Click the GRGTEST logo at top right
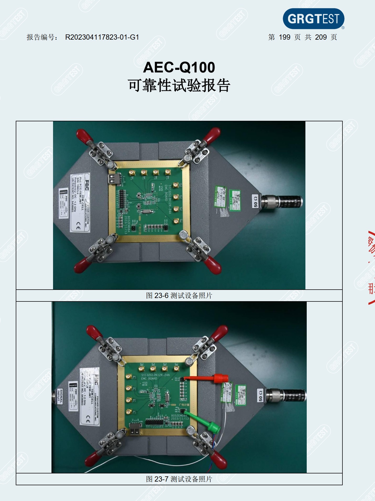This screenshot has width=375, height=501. coord(313,19)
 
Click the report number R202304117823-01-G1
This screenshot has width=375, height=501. coord(102,37)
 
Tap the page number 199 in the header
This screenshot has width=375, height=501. coord(284,37)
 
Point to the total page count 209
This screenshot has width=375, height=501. coord(321,37)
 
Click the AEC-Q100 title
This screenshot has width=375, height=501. coord(179,67)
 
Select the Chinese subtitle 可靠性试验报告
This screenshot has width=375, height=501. coord(179,85)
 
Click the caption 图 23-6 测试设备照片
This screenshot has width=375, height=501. coord(179,296)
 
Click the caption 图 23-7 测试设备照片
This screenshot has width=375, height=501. coord(179,479)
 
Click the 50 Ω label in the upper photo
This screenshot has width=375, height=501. coord(255,201)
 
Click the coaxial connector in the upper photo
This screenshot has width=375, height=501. coord(284,202)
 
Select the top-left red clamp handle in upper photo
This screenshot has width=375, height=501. coord(84,136)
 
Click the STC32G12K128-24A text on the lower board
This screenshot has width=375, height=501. coord(155,375)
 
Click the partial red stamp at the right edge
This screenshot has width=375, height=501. coord(371,268)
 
